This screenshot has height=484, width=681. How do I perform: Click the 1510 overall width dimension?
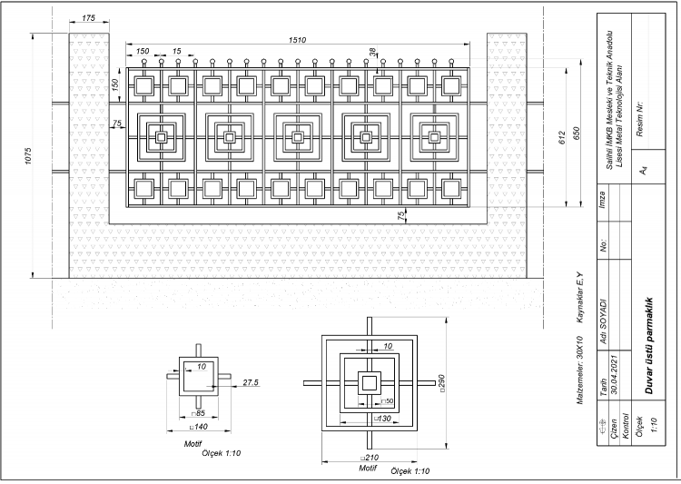pos(296,40)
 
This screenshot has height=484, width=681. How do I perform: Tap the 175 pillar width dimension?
pos(89,18)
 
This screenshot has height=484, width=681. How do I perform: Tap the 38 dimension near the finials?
pos(372,53)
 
